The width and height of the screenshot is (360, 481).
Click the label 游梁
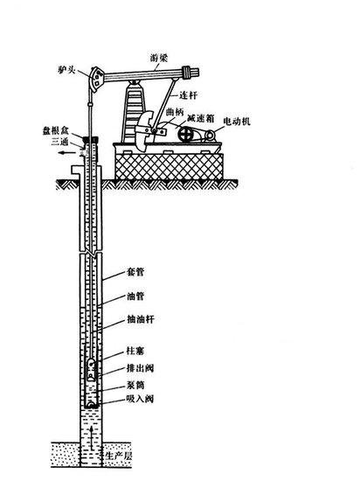coord(159,58)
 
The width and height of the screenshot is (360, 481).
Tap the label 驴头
coord(66,70)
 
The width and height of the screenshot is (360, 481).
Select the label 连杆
coord(188,95)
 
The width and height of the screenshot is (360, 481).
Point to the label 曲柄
coord(175,112)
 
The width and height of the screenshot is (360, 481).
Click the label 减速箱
coord(201,118)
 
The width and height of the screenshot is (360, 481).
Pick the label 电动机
coord(237,122)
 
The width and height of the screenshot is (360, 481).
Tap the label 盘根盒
coord(55,131)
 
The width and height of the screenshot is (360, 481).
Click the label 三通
coord(59,142)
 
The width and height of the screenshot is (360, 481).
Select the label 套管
coord(135,272)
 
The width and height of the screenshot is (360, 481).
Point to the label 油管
coord(135,296)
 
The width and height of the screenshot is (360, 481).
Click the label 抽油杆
coord(141,319)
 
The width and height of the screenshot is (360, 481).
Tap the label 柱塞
coord(135,351)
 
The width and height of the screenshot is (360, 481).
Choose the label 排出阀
coord(140,368)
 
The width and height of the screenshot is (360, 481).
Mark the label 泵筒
coord(135,385)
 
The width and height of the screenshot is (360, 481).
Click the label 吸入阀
coord(140,399)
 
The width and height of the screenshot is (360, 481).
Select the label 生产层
coord(118,456)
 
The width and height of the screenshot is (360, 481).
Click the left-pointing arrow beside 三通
coord(66,152)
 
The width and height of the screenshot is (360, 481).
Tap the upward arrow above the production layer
coord(91,437)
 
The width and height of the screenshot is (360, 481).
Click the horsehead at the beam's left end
coord(95,79)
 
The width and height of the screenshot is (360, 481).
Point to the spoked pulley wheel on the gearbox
coord(186,134)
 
